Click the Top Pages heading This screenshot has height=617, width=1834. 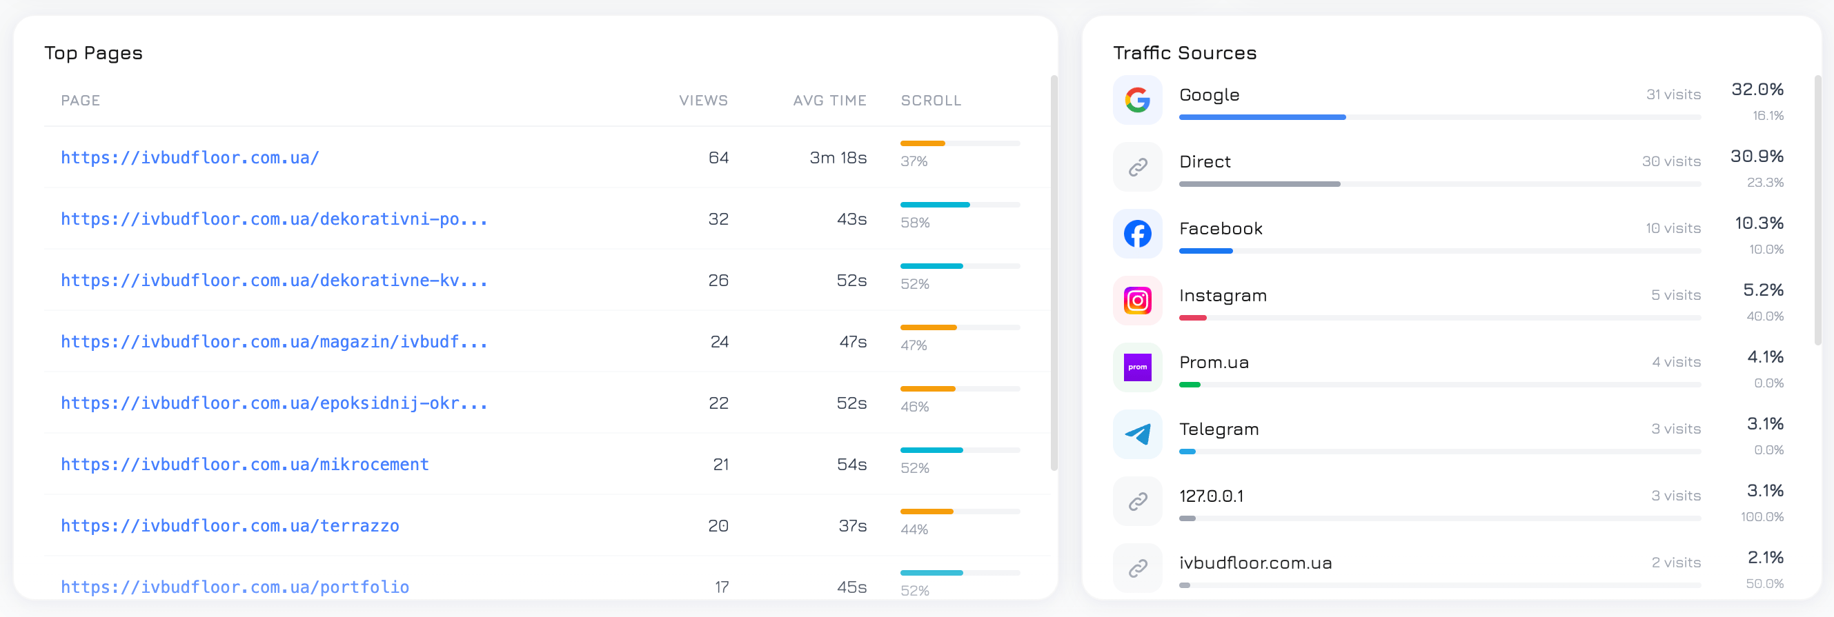click(93, 52)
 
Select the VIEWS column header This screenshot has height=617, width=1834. click(703, 101)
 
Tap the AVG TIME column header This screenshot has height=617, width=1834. click(829, 101)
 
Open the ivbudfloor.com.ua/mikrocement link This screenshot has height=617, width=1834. click(245, 464)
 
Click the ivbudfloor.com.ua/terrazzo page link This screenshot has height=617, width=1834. click(230, 525)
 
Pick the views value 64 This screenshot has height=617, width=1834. click(718, 157)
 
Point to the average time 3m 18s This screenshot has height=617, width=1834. click(838, 157)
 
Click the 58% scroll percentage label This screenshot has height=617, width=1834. click(915, 222)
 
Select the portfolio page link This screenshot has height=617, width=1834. click(235, 587)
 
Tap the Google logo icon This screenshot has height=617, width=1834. click(1137, 100)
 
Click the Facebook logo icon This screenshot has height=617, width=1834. click(1137, 234)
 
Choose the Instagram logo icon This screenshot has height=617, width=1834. click(1137, 301)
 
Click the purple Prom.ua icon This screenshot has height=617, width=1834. click(1137, 367)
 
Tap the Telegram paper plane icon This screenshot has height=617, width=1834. click(1137, 434)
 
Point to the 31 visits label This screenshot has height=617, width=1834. click(1673, 94)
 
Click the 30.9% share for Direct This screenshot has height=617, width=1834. click(1757, 156)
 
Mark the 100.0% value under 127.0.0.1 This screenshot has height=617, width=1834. click(1762, 516)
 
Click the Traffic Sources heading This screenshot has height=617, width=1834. click(1185, 52)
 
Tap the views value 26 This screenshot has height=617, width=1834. click(718, 280)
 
